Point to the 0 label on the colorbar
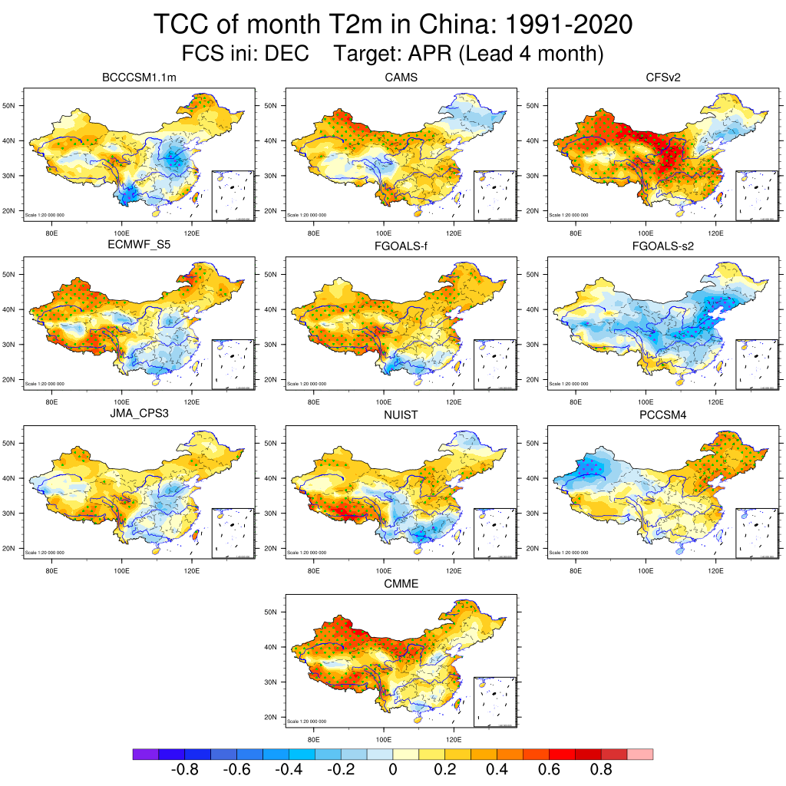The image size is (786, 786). [393, 770]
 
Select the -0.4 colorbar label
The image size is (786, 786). [288, 770]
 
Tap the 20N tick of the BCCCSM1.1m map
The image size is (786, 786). [10, 211]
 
